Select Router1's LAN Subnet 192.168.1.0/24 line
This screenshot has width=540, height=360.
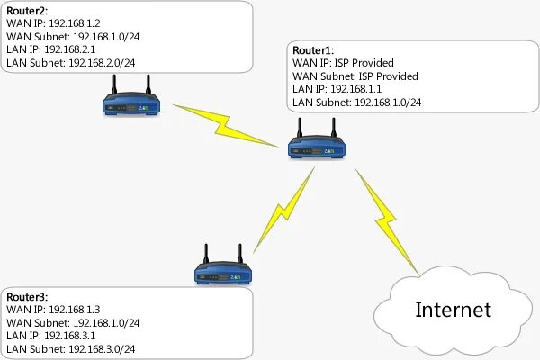pos(356,103)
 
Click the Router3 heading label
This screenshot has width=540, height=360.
pos(27,296)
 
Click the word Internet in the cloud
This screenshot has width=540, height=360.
pos(454,310)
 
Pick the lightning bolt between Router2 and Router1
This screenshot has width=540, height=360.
pos(225,123)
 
